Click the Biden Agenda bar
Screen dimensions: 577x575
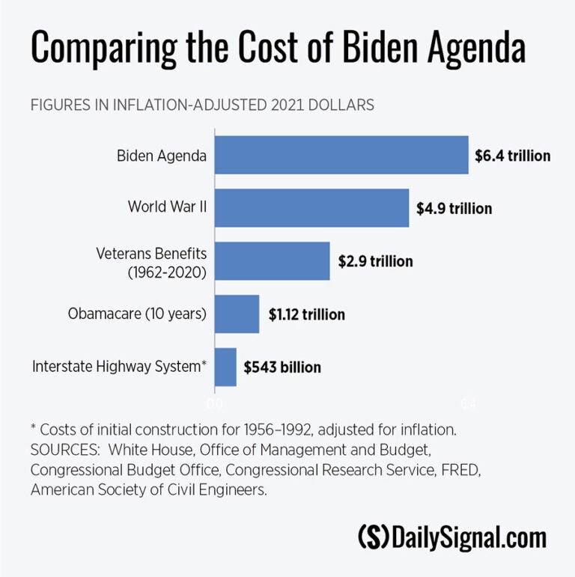point(341,155)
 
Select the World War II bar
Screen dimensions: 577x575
point(311,207)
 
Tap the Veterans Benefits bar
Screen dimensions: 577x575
point(273,260)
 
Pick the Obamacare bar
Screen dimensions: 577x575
point(237,314)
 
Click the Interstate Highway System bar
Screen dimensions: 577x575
point(225,367)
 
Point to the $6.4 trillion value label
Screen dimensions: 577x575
point(513,156)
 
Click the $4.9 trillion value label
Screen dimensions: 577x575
point(454,208)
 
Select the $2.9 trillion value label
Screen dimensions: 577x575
point(375,261)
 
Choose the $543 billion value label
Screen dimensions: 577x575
point(282,367)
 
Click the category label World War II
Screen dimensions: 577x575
point(167,207)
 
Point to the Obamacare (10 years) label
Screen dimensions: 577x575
point(137,314)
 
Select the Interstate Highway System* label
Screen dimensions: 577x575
point(120,367)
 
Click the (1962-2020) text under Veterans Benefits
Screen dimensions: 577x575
point(166,272)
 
